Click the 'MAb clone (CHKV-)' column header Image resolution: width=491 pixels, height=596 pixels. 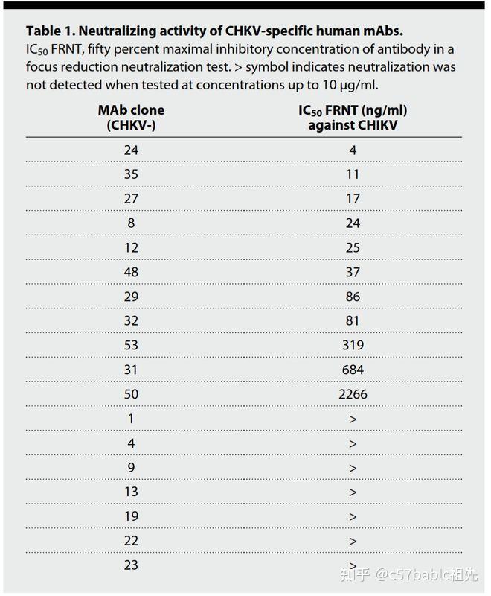(131, 118)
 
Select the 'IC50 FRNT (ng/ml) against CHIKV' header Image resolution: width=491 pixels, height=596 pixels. (353, 118)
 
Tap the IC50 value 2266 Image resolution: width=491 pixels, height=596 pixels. (353, 394)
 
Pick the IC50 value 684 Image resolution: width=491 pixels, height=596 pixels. (353, 370)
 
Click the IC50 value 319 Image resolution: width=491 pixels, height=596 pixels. (353, 345)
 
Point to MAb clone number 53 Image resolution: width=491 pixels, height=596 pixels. (131, 345)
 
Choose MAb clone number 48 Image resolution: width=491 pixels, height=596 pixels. (131, 272)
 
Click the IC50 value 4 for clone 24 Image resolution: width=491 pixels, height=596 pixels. (353, 150)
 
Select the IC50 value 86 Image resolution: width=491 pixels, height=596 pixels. (353, 297)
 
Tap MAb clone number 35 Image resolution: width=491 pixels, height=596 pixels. (131, 174)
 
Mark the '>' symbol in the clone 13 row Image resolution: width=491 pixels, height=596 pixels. (353, 492)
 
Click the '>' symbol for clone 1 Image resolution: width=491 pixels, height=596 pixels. (353, 419)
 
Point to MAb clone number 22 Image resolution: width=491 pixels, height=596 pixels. (131, 541)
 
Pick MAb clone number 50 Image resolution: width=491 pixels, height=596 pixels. (131, 394)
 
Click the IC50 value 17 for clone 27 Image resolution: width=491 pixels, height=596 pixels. (353, 199)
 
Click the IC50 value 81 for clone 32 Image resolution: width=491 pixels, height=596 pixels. (352, 321)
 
